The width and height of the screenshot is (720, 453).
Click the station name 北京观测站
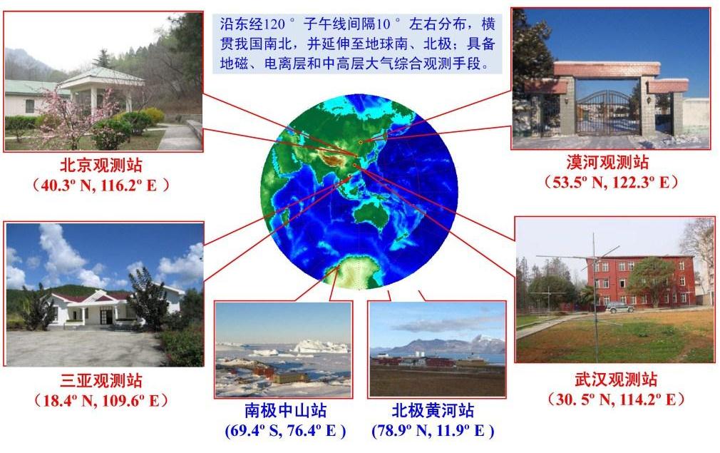pyautogui.click(x=101, y=165)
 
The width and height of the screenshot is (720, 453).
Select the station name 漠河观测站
pyautogui.click(x=607, y=162)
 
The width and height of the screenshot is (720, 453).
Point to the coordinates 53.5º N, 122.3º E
pyautogui.click(x=611, y=183)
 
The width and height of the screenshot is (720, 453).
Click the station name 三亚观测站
pyautogui.click(x=101, y=380)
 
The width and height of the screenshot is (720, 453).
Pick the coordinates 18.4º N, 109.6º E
pyautogui.click(x=101, y=401)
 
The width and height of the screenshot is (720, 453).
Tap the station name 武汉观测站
pyautogui.click(x=616, y=380)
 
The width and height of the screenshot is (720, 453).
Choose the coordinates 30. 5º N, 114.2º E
pyautogui.click(x=616, y=399)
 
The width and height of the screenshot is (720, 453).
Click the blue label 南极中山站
pyautogui.click(x=285, y=410)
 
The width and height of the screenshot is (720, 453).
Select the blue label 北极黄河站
pyautogui.click(x=433, y=410)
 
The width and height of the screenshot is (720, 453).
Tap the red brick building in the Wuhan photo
pyautogui.click(x=641, y=280)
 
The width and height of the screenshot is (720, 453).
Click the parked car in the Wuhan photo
pyautogui.click(x=619, y=307)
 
